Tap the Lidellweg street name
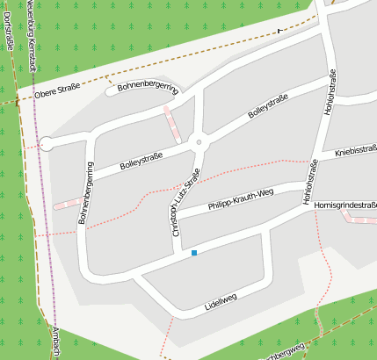pos(221,300)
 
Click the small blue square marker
pos(193,253)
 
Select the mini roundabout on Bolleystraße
pos(199,141)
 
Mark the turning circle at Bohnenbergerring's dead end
pos(47,144)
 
